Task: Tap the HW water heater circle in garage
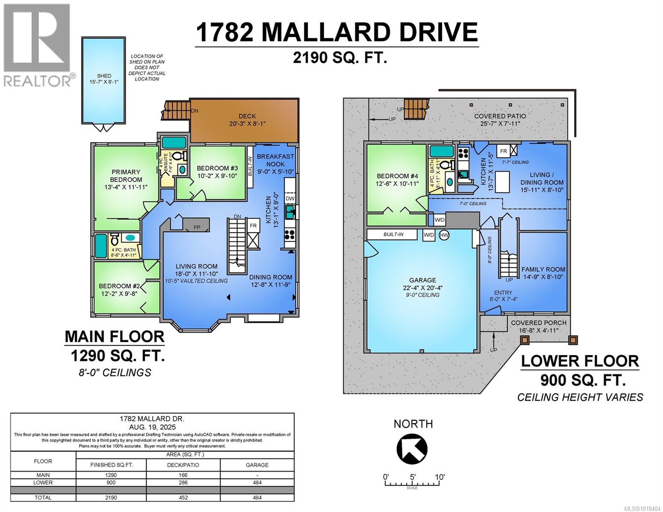pos(444,235)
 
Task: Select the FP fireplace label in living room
pos(197,227)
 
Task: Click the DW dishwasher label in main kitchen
pos(290,198)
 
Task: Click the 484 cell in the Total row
pos(257,497)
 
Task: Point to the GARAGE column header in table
pos(257,465)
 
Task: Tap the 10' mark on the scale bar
pos(440,477)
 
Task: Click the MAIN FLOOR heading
pos(114,337)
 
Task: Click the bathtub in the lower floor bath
pos(441,152)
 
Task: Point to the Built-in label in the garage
pos(394,235)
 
